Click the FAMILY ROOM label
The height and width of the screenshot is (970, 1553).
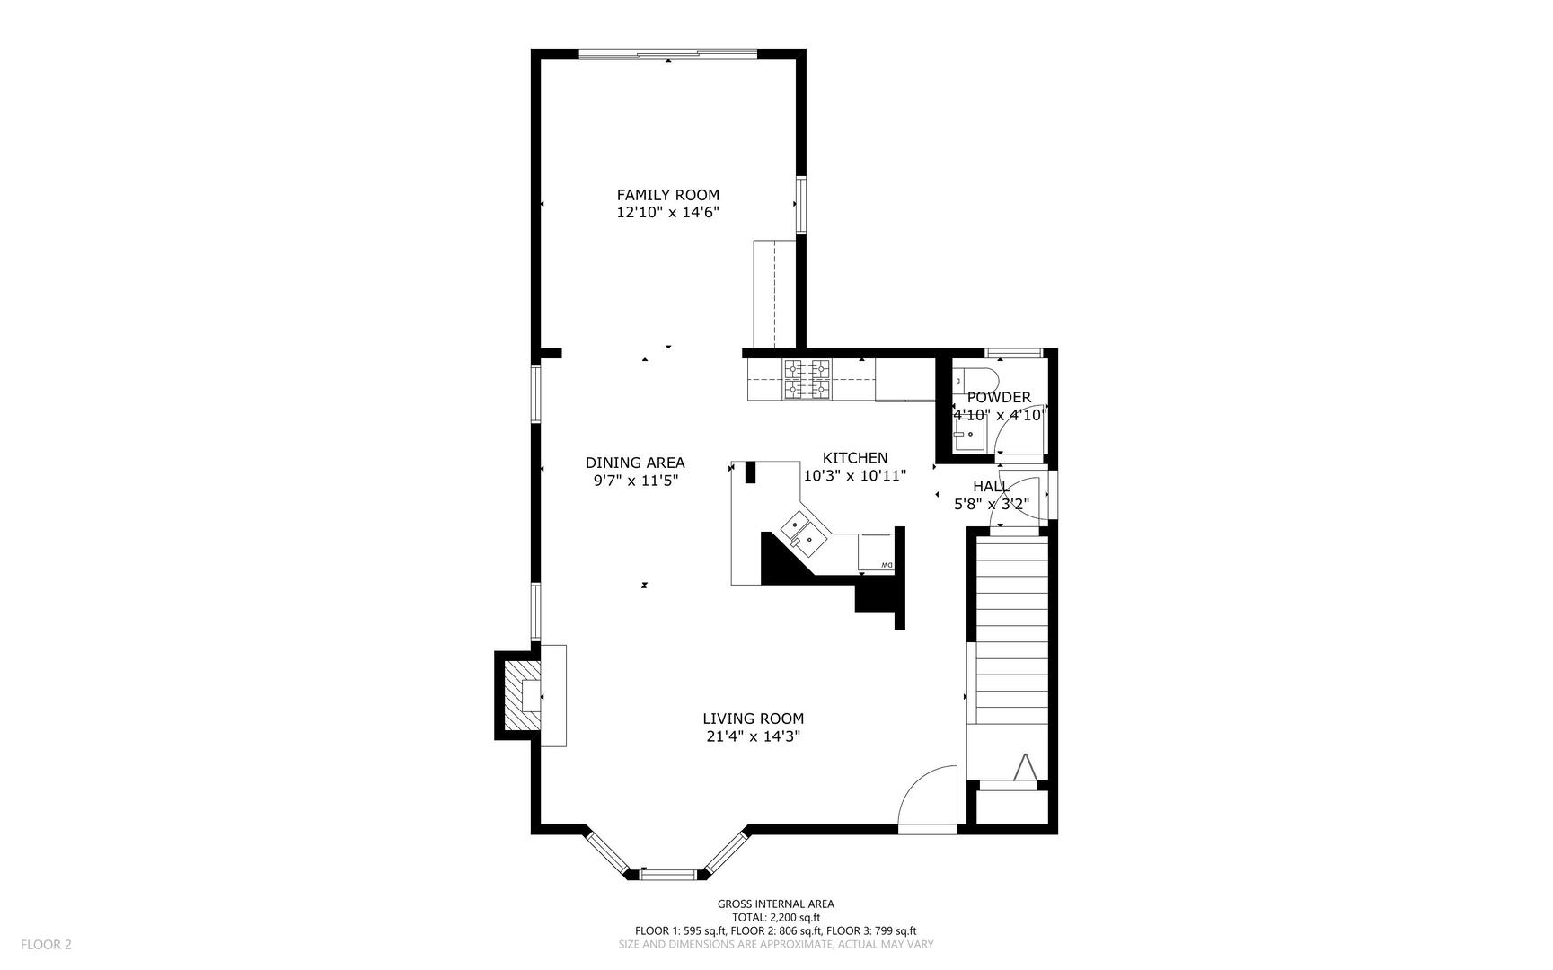667,195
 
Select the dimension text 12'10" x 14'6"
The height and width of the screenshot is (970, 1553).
667,213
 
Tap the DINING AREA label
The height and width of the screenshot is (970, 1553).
635,463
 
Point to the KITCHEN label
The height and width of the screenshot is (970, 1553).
855,458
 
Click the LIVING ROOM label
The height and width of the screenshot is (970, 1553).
753,719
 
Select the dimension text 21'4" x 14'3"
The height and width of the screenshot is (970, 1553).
753,736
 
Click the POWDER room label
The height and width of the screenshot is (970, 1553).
999,397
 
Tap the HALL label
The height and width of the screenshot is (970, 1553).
991,486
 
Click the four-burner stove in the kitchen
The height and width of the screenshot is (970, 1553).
806,379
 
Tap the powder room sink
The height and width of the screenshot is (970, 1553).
968,436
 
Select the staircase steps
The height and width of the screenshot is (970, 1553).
1011,629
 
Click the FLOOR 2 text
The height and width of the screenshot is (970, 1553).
46,944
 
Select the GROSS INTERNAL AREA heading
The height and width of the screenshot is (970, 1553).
775,904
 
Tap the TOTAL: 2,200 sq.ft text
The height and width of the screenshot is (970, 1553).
775,918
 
